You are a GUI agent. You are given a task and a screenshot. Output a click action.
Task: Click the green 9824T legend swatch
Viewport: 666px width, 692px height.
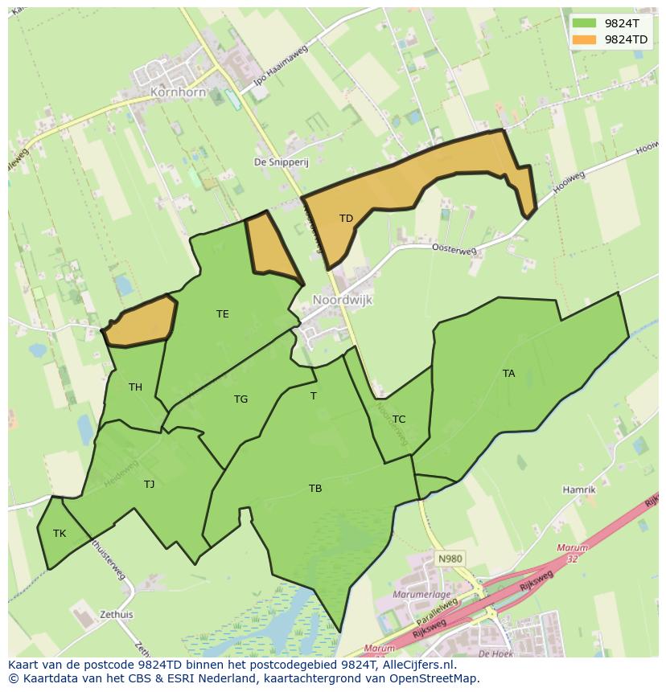pos(586,24)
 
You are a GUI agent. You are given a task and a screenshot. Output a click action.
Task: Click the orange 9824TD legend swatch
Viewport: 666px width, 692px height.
pos(586,39)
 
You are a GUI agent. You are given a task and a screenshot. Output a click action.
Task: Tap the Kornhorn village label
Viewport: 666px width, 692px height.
pos(178,92)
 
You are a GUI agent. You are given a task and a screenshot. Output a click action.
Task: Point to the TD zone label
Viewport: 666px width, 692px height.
pos(346,219)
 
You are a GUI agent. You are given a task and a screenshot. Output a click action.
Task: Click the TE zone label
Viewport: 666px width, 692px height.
pos(223,314)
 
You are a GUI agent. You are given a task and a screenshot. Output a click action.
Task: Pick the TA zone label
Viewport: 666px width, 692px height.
pos(508,373)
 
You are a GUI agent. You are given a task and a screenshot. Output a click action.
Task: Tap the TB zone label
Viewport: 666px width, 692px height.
pos(315,488)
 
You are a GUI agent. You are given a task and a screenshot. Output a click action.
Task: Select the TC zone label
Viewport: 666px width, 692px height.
pos(399,419)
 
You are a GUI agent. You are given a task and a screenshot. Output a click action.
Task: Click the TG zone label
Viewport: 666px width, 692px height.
pos(240,399)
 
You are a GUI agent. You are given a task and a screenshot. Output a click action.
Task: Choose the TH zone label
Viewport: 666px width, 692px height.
pos(135,387)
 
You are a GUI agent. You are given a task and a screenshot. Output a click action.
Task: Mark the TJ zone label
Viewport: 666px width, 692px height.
pos(149,484)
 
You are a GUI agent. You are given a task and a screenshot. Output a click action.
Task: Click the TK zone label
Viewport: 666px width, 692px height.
pos(60,533)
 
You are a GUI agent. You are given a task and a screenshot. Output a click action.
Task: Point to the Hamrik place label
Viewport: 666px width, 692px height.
pos(579,489)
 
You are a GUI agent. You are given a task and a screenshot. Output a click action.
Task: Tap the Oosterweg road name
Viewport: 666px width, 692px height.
pos(454,250)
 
